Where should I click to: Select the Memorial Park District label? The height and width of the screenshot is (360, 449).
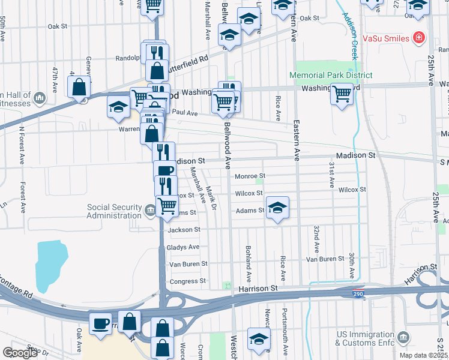(330, 75)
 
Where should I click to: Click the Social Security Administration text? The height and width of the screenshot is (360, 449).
(114, 211)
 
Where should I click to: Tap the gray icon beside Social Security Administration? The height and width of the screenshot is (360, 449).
(150, 209)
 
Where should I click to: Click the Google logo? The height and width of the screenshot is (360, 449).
(20, 353)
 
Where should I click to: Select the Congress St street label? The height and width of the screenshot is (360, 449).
(188, 281)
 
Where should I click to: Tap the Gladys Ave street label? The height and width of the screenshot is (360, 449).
(184, 247)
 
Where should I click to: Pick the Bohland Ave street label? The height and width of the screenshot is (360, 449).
(247, 263)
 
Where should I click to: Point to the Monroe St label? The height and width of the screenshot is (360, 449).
(250, 176)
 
